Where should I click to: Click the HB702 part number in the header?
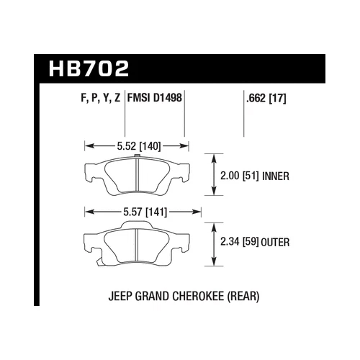(x=90, y=70)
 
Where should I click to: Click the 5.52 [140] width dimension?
(x=137, y=145)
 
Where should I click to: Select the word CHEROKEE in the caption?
(x=199, y=296)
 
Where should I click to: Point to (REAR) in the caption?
(x=242, y=296)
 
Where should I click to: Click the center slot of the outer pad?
(x=137, y=245)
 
